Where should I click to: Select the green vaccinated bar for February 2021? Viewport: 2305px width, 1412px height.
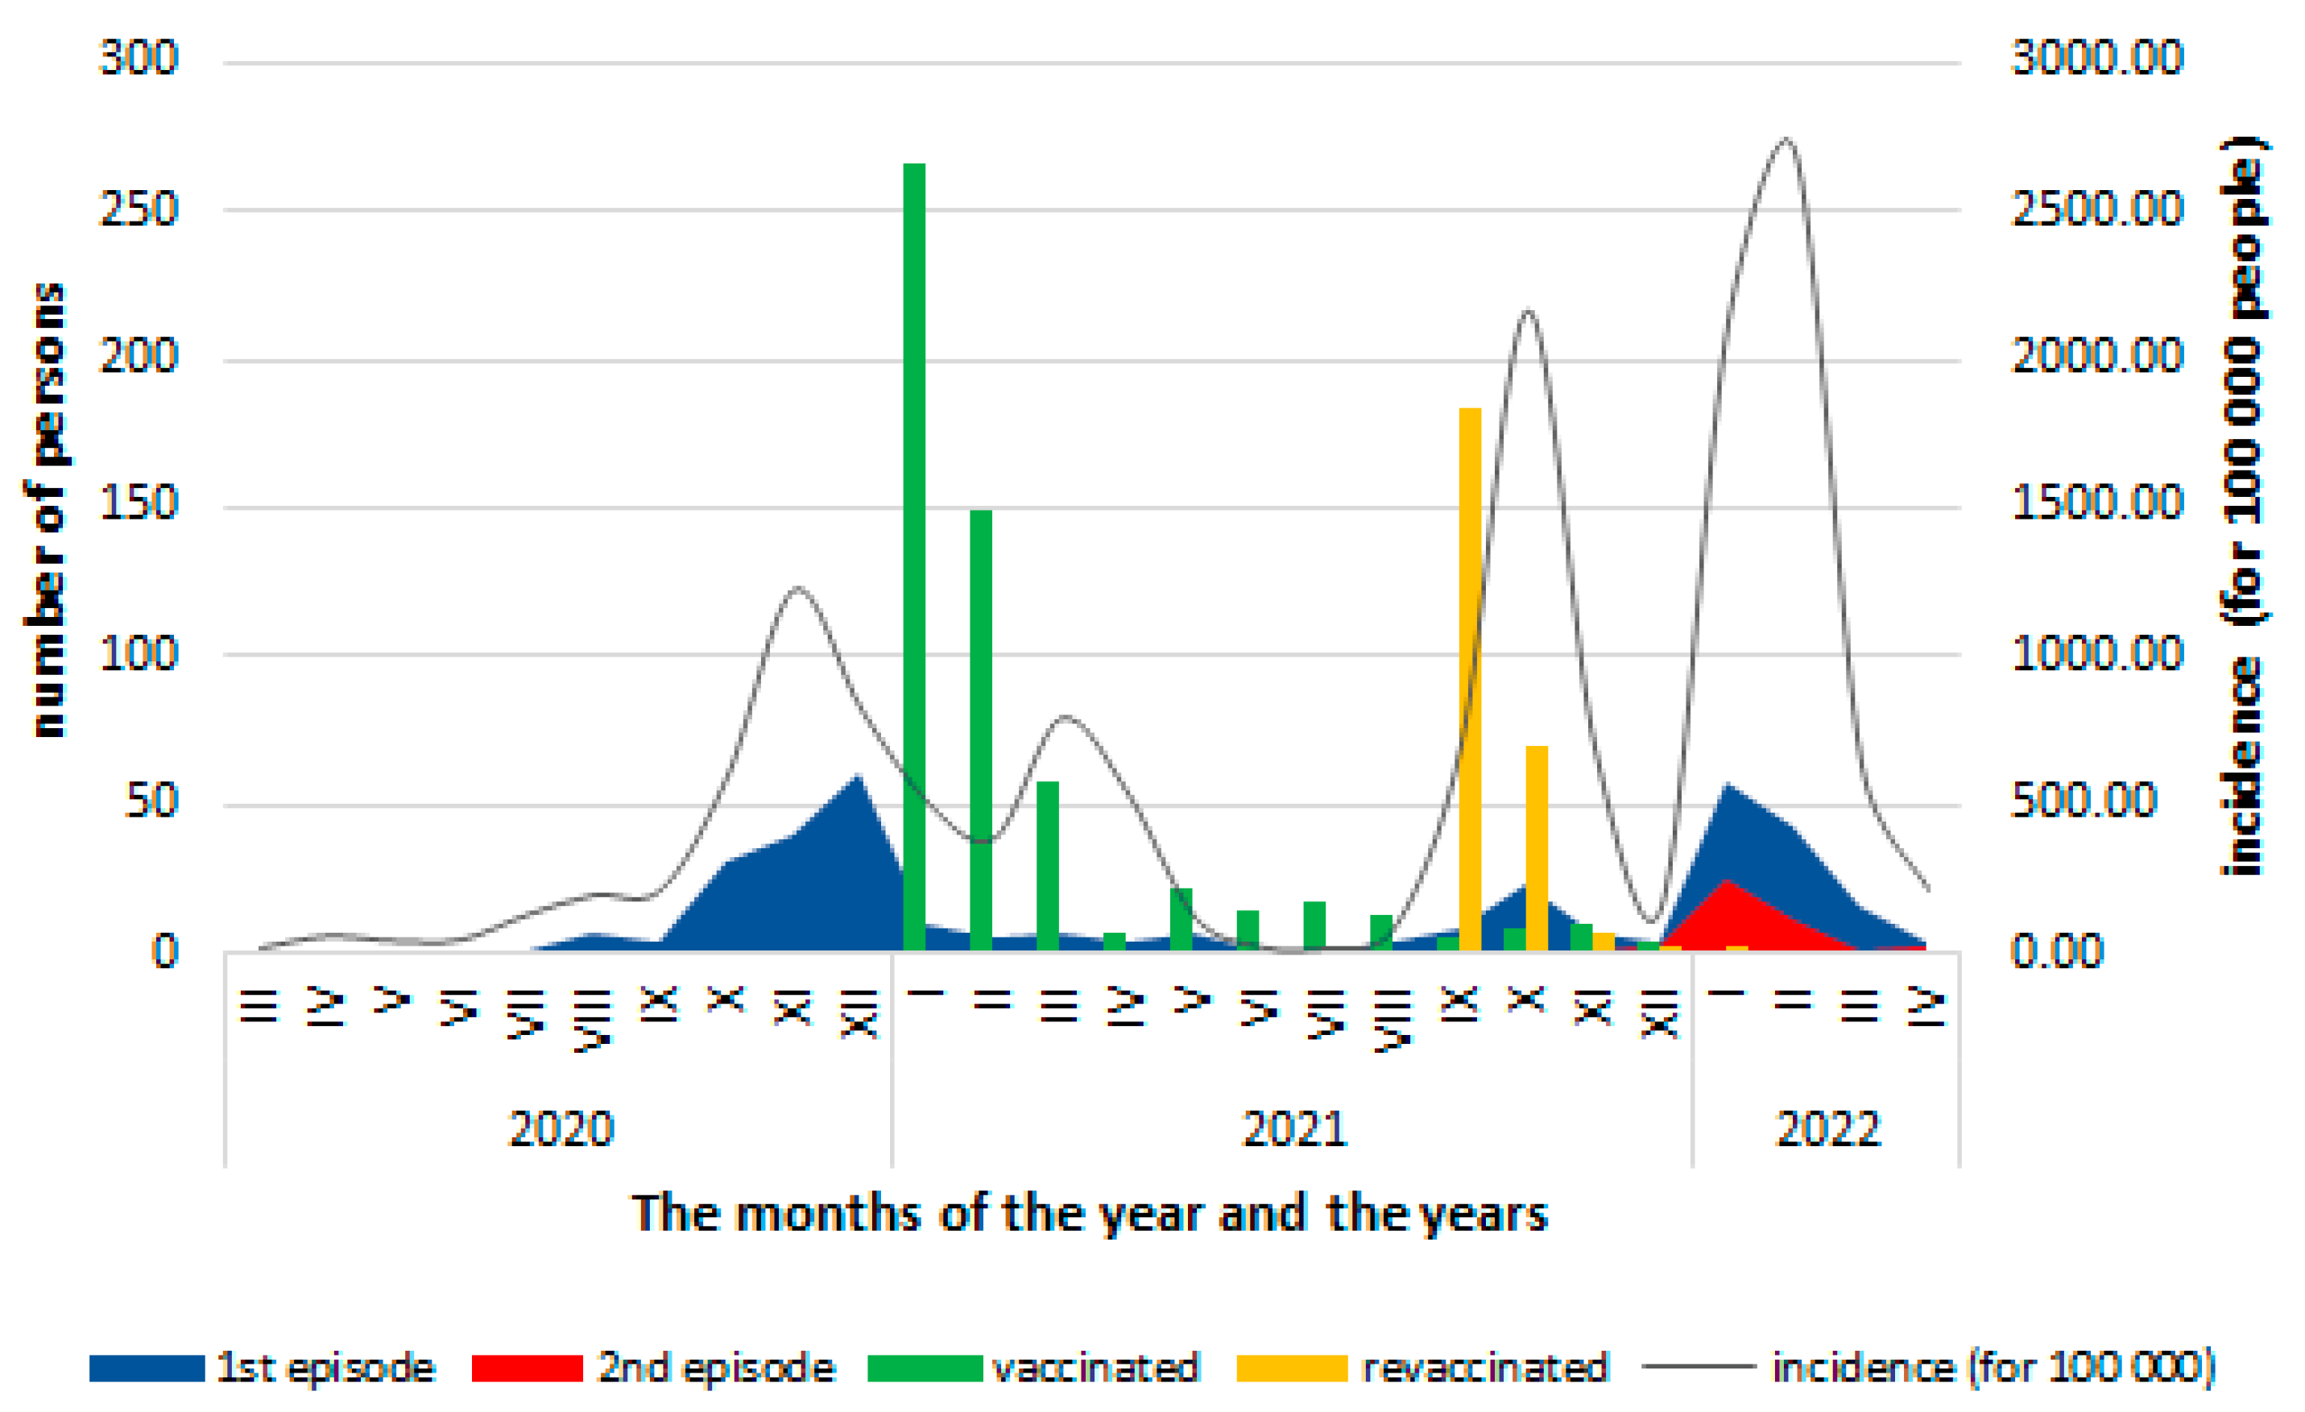coord(980,730)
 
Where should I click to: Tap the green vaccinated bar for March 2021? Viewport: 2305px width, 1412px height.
coord(1047,866)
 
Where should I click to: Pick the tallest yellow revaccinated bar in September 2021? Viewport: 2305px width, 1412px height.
coord(1470,678)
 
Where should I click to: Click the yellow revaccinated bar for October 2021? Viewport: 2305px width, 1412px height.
coord(1536,847)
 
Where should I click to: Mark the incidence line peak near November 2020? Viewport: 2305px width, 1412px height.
coord(796,589)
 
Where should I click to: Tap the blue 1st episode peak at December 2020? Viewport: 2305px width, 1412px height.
coord(857,779)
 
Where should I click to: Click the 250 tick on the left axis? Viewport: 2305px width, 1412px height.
coord(139,209)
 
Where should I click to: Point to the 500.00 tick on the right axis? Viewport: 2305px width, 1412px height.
coord(2084,801)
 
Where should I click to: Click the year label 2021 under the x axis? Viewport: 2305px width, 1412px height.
coord(1293,1128)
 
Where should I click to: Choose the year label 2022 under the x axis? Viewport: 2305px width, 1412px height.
coord(1827,1128)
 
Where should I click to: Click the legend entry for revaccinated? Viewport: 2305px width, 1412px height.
coord(1484,1367)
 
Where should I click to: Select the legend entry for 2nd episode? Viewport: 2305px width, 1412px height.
coord(716,1367)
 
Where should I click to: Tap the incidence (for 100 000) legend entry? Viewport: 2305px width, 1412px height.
coord(1993,1367)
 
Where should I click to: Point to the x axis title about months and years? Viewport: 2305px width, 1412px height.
coord(1090,1214)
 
